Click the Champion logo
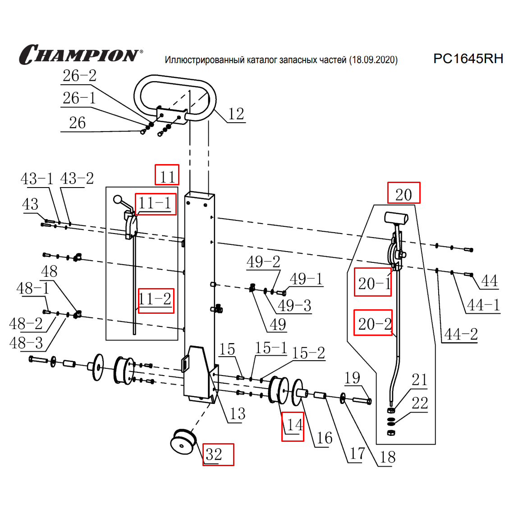pos(80,55)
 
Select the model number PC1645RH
pos(468,59)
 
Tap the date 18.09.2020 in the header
pos(373,60)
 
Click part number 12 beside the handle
pos(236,114)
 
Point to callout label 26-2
pos(79,76)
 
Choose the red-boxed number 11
pos(167,175)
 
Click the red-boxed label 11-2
pos(156,300)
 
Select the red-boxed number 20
pos(404,193)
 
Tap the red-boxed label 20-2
pos(373,323)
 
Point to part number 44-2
pos(460,335)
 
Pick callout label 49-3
pos(294,306)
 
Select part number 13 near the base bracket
pos(237,414)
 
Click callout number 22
pos(420,403)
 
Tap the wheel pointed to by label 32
pos(183,442)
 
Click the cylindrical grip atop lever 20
pos(395,218)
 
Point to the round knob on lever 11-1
pos(119,199)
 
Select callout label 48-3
pos(26,343)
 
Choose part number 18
pos(387,457)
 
